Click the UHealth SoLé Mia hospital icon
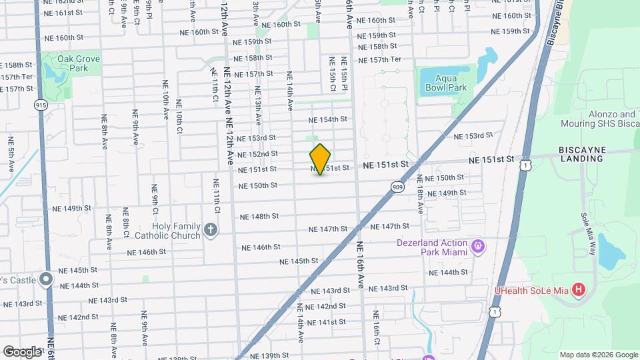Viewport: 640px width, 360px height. pos(579,290)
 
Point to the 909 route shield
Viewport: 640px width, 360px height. pos(398,187)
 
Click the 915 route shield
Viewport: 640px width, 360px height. pos(42,105)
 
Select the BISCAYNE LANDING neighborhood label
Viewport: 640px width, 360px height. pos(582,154)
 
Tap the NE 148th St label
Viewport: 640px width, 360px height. pos(259,217)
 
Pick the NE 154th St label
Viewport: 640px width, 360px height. pos(328,119)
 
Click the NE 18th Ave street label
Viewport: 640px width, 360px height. pos(420,193)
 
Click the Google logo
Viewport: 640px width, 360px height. pos(22,351)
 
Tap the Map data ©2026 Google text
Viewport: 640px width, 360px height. pos(598,355)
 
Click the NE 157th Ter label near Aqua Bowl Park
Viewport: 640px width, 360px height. pos(380,60)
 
